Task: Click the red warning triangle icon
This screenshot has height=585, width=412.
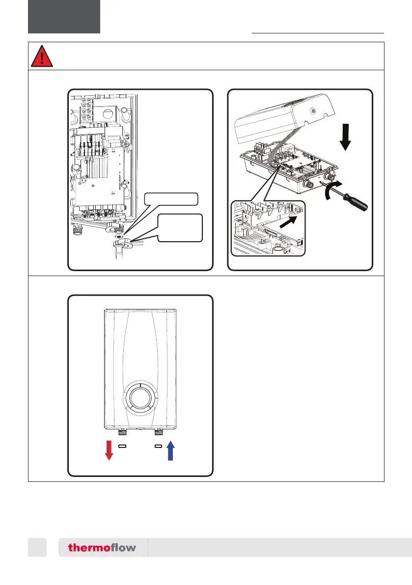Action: pos(42,56)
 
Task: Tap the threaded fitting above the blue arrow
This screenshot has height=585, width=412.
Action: pos(158,432)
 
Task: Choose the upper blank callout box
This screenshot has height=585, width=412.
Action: pos(171,199)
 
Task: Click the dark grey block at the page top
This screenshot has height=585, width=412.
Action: pos(64,16)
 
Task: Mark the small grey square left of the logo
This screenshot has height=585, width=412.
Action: pos(37,547)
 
